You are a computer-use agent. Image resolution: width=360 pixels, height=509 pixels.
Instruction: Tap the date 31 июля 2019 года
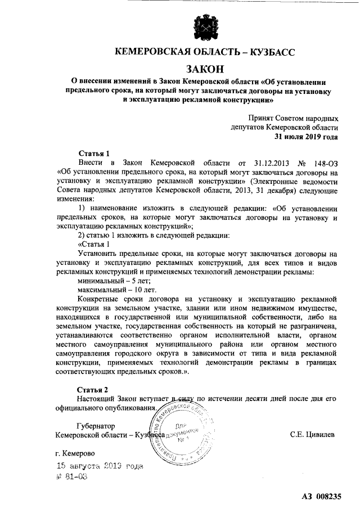306,137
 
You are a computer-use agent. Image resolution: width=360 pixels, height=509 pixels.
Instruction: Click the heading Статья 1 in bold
93,153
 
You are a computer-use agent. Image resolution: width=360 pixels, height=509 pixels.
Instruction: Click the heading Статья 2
93,389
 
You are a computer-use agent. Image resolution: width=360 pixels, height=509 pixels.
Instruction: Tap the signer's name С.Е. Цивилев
314,435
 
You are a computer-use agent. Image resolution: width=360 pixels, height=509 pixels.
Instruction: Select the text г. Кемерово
78,453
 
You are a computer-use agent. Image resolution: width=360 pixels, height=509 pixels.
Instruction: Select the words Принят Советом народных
293,119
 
